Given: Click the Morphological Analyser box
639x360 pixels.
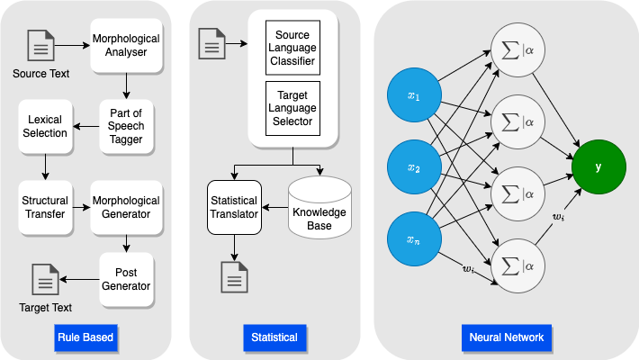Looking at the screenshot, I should [126, 46].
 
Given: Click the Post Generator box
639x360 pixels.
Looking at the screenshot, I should [127, 279].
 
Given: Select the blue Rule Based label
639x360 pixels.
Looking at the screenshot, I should [86, 338].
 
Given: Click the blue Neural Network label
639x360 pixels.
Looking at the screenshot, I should [506, 338].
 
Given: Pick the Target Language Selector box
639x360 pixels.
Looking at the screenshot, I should [292, 108].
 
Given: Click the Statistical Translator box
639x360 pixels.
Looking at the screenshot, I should [234, 207].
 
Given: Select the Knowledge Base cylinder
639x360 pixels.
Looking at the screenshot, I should [319, 206].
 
